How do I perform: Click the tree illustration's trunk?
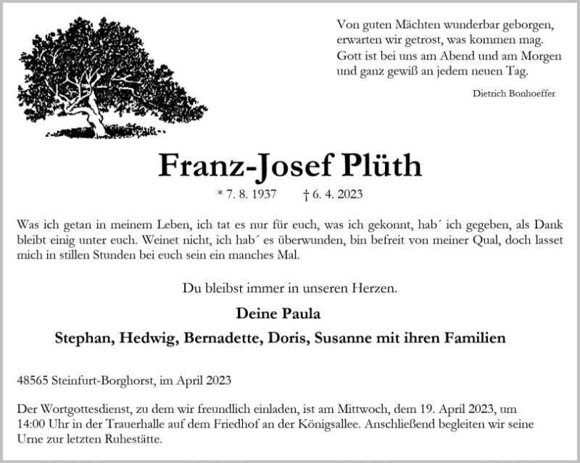90,116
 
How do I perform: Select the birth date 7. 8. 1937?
253,194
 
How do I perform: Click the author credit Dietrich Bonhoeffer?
514,93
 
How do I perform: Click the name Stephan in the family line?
85,338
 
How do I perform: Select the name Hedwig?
150,338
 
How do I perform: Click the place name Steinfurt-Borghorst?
93,379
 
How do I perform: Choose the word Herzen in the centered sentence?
373,290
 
